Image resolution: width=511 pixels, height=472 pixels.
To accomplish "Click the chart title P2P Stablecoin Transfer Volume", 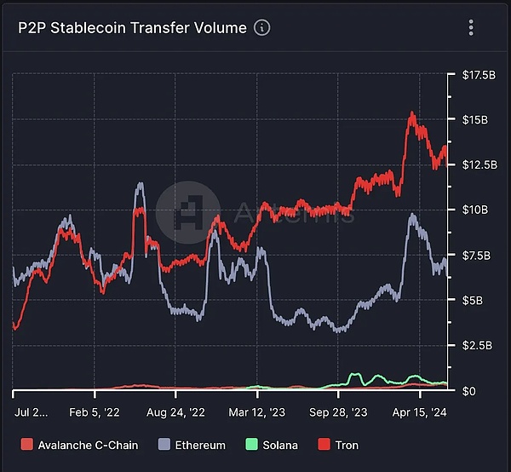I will [x=132, y=27].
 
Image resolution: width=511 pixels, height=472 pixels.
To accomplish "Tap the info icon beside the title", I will [x=262, y=27].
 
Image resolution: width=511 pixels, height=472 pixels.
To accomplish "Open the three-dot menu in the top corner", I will [x=471, y=27].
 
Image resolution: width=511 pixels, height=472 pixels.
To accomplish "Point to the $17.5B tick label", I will [x=478, y=76].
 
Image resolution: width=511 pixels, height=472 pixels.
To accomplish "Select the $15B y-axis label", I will [x=474, y=119].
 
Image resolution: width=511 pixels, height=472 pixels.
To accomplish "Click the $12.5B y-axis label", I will [x=478, y=164].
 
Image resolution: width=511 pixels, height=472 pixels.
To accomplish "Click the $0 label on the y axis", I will [x=468, y=391].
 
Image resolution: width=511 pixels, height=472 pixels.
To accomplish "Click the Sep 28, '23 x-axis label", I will [x=338, y=411].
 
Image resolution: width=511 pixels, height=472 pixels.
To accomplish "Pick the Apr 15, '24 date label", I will [x=418, y=411].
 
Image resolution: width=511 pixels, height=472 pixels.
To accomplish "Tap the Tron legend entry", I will [x=338, y=445].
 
